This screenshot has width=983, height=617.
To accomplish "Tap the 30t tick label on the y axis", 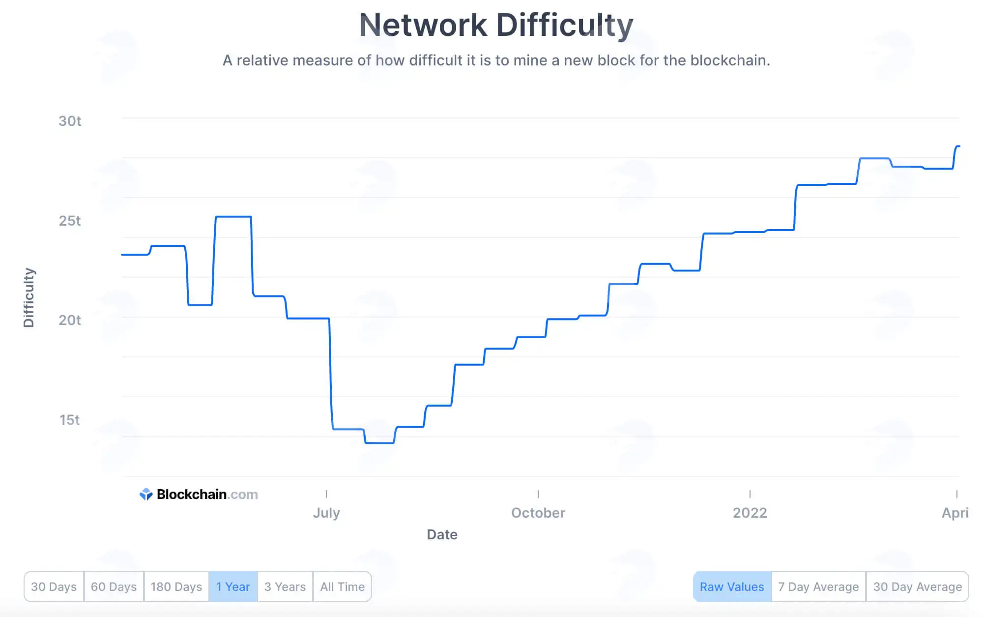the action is [70, 121].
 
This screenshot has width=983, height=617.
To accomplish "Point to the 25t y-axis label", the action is [70, 221].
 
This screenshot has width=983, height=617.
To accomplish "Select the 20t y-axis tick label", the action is [70, 320].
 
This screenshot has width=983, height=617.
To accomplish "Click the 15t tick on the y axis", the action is [70, 420].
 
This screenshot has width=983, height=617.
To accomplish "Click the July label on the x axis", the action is [326, 513].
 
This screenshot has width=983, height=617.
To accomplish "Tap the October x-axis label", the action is [538, 513].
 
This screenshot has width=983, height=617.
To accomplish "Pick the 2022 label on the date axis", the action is [750, 513].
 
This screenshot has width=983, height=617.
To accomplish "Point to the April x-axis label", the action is [955, 513].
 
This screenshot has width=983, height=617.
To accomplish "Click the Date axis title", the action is [442, 534].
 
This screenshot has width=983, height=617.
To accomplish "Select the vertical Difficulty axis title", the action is [29, 297].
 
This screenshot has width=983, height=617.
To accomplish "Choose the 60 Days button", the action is [114, 587].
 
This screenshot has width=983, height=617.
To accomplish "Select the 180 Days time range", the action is [176, 587].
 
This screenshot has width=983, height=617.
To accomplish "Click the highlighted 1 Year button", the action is [233, 587].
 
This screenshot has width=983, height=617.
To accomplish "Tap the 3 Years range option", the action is [285, 587].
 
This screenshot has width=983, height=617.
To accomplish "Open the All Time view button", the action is [343, 587].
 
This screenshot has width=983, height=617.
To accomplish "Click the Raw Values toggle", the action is [732, 587].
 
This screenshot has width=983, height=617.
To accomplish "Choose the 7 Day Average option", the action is [818, 587].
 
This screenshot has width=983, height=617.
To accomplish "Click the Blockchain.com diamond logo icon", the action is [146, 494].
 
